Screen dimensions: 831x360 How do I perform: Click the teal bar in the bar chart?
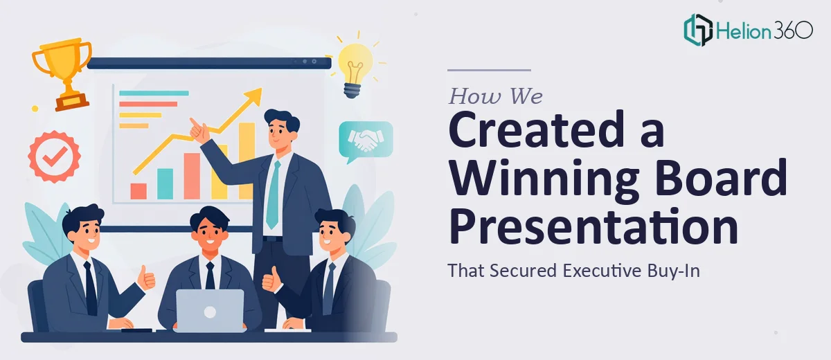tap(165, 184)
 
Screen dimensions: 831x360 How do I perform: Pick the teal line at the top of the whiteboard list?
tap(154, 93)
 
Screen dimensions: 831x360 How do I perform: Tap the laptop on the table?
tap(210, 310)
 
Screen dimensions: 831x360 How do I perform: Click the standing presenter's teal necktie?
tap(274, 194)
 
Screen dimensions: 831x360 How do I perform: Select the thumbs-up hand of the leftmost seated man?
tap(147, 278)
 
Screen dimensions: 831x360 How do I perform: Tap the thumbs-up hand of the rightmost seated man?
tap(272, 280)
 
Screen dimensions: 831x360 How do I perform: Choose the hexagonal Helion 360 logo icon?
tap(698, 30)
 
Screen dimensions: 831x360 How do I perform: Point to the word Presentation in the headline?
tap(593, 226)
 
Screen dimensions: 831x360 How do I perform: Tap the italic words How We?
tap(496, 96)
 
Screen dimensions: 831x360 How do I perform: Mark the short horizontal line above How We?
tap(489, 70)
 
